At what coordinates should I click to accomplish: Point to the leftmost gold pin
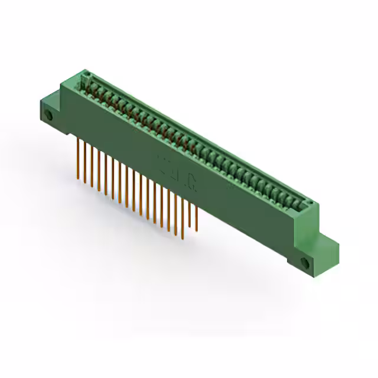click(80, 157)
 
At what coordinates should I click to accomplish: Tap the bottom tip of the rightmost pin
click(197, 229)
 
